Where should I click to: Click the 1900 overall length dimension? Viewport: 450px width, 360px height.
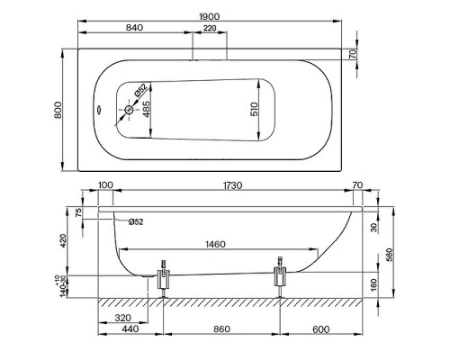210,16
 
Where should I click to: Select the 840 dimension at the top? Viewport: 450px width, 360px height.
134,28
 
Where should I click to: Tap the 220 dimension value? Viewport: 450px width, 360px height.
210,28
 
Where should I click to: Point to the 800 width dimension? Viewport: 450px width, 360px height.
58,110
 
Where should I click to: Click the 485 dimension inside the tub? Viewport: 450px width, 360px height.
146,109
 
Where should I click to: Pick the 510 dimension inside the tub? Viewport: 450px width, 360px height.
254,109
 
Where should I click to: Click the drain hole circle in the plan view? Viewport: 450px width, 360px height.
129,110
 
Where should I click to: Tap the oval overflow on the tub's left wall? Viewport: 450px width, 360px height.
98,110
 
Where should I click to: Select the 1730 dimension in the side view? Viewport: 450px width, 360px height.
232,185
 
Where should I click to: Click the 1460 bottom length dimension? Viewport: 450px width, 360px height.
215,244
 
